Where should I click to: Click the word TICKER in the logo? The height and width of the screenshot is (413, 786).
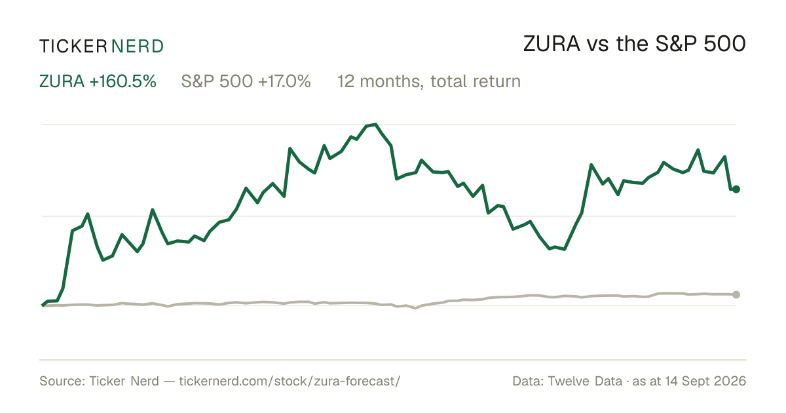click(73, 47)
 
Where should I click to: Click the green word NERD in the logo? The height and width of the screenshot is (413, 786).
click(137, 47)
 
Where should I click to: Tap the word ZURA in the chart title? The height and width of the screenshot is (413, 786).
click(552, 44)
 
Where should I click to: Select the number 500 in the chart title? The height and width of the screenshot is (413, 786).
click(724, 44)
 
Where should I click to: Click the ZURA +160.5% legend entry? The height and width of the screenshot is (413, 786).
click(98, 81)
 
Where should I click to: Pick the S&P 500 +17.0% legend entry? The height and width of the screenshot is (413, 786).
click(246, 81)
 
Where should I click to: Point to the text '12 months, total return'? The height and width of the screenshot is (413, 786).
click(429, 81)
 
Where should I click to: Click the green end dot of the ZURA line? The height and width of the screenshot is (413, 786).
click(736, 189)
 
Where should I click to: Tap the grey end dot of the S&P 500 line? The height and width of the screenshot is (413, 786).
click(736, 294)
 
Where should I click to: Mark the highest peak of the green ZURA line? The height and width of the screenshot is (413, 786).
click(376, 125)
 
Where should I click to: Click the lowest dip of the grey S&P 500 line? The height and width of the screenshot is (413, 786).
click(416, 308)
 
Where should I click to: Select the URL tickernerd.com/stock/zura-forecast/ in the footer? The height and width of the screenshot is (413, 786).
click(290, 381)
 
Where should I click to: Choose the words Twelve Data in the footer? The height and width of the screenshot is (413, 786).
click(585, 381)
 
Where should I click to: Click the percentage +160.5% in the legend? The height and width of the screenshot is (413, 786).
click(123, 81)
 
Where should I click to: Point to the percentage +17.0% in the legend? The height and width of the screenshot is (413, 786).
click(284, 81)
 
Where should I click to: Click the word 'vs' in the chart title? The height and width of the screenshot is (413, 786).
click(598, 46)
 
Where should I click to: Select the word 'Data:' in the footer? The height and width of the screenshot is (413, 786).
click(528, 381)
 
